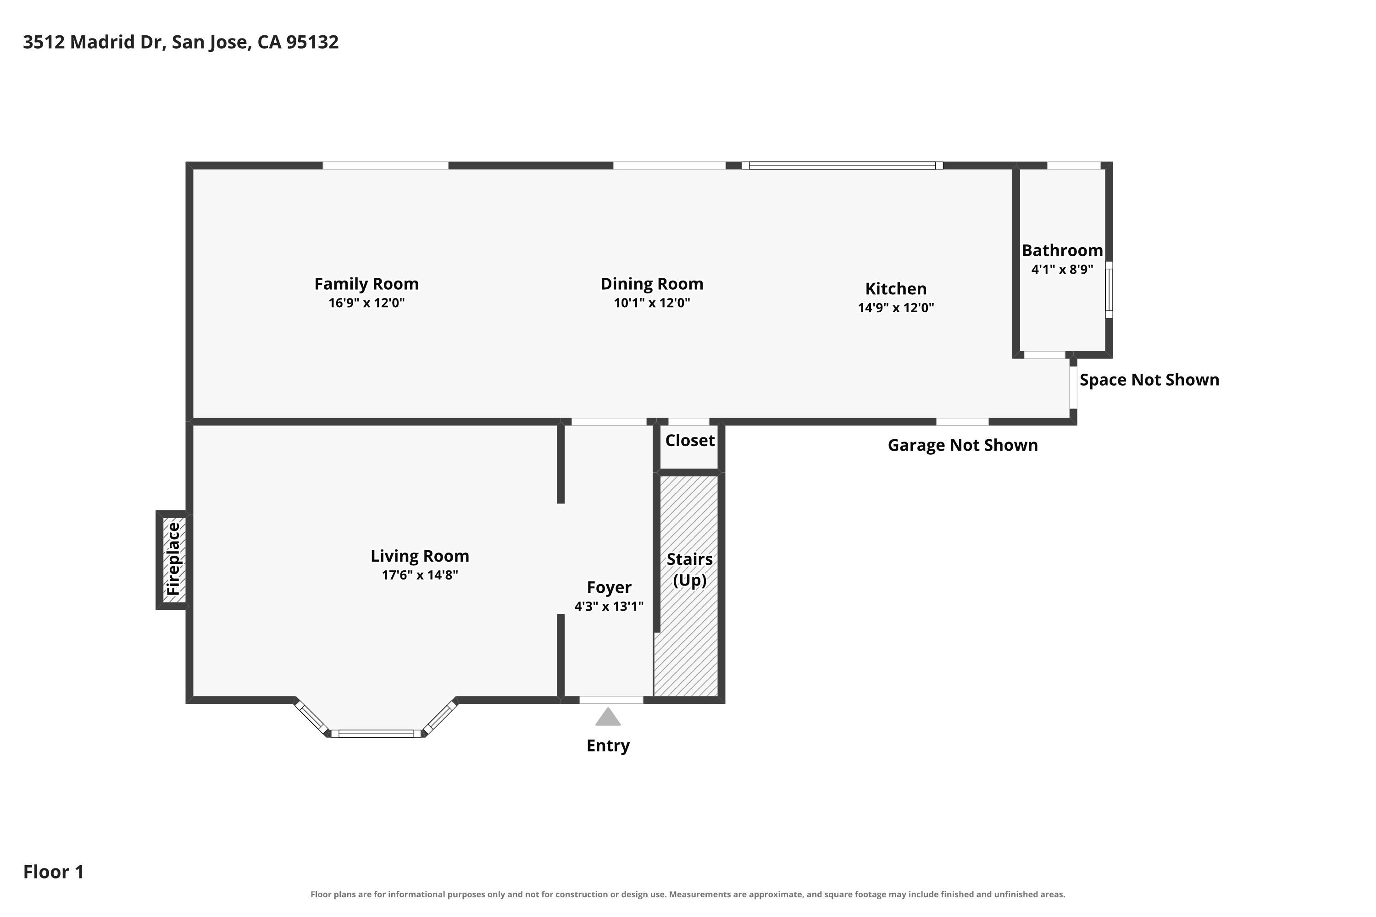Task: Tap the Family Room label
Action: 367,284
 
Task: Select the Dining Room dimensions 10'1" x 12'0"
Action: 652,303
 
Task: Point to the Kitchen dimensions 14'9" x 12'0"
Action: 896,308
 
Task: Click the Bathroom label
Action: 1062,250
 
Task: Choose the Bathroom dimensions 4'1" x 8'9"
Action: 1062,270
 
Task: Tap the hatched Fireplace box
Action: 173,560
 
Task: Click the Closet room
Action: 690,446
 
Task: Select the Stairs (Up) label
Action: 690,569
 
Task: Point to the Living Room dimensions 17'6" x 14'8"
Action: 420,575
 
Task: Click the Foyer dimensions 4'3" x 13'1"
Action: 609,607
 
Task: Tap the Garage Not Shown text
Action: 963,445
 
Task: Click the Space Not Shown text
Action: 1149,380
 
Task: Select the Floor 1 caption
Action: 54,872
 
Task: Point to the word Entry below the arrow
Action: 609,746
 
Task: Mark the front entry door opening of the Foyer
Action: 611,700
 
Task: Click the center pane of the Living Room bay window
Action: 376,733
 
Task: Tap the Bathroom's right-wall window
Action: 1109,290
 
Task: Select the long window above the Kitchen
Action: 843,166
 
